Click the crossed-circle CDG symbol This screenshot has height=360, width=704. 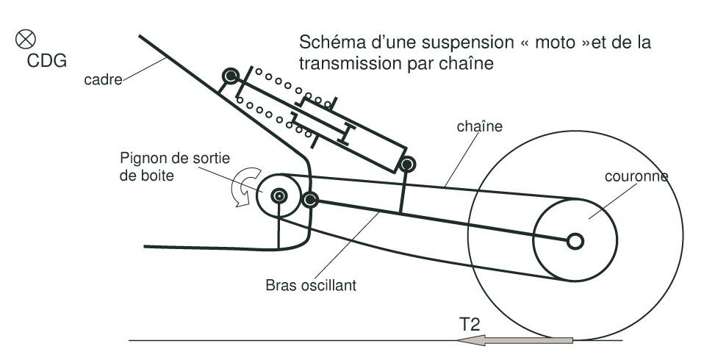pyautogui.click(x=34, y=37)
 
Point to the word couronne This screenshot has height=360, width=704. pyautogui.click(x=636, y=177)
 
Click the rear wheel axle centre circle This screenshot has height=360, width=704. pyautogui.click(x=575, y=240)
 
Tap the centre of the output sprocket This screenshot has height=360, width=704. pyautogui.click(x=279, y=195)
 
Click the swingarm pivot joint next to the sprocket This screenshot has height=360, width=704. pyautogui.click(x=309, y=199)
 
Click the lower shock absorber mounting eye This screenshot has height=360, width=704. pyautogui.click(x=409, y=162)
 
